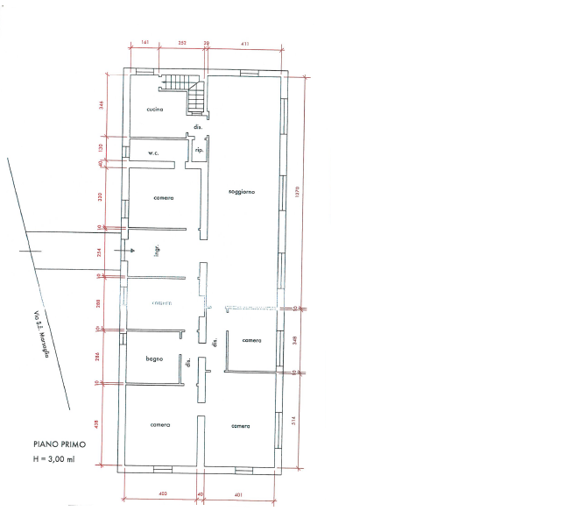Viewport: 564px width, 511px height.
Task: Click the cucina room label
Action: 156,110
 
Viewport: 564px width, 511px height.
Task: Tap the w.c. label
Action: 152,153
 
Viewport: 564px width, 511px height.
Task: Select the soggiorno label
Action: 241,191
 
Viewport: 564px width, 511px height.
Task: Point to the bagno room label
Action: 156,358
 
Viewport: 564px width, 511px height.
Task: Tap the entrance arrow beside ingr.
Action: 130,251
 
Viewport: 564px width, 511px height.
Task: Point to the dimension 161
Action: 145,42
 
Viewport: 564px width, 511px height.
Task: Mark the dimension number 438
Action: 102,424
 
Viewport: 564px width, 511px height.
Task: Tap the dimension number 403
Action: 161,496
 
